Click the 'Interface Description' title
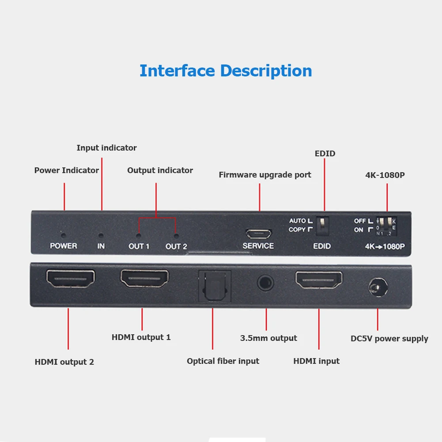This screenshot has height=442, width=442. click(x=226, y=71)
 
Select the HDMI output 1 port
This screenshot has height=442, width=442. click(x=144, y=279)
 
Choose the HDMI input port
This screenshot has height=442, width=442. click(x=319, y=280)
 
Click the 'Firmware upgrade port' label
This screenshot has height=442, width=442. click(x=265, y=175)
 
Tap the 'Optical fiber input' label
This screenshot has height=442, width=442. click(x=223, y=361)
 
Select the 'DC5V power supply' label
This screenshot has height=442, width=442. click(x=389, y=339)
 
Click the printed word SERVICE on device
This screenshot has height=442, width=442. click(x=258, y=246)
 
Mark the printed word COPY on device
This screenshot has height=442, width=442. click(x=297, y=230)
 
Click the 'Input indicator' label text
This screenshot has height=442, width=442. click(x=106, y=148)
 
